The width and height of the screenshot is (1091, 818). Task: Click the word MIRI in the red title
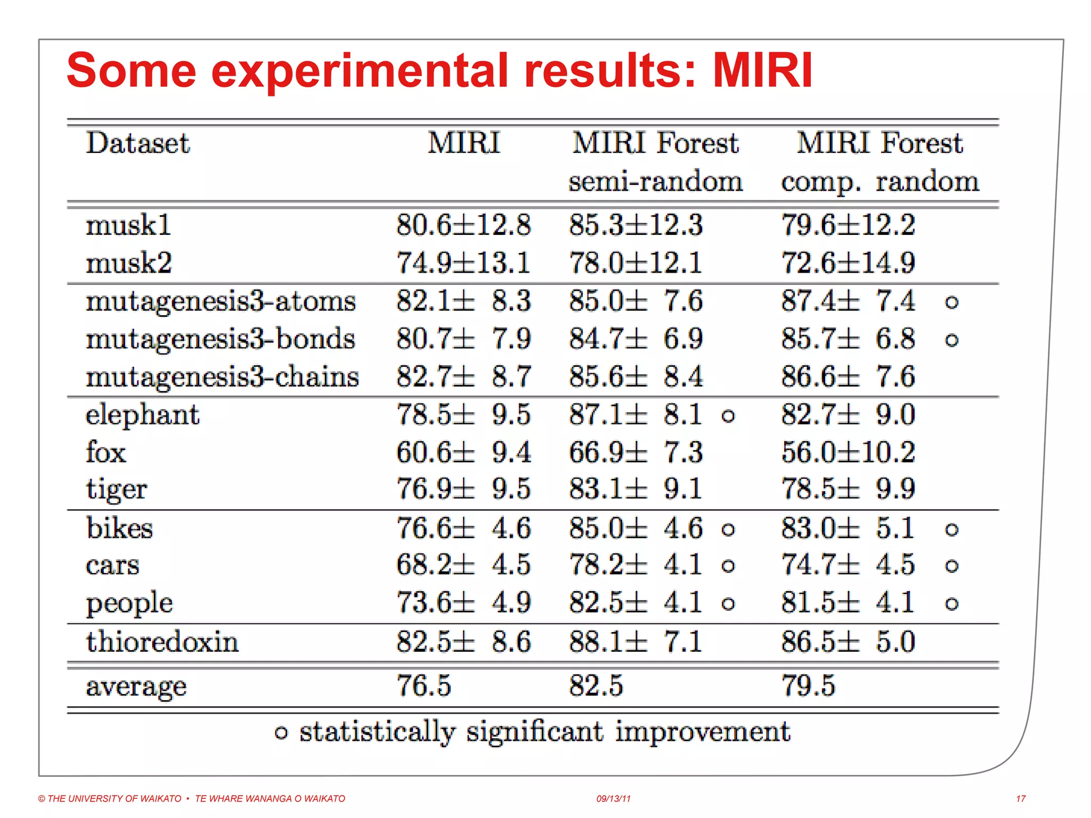click(x=762, y=71)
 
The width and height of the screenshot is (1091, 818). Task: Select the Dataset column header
click(x=138, y=143)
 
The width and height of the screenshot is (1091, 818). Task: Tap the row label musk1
click(x=128, y=225)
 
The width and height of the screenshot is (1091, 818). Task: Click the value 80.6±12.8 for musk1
click(x=463, y=225)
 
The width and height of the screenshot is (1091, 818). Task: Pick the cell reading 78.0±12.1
click(x=636, y=263)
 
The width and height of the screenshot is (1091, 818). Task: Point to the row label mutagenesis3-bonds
click(x=221, y=339)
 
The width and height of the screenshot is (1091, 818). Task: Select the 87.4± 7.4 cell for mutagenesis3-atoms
click(x=848, y=301)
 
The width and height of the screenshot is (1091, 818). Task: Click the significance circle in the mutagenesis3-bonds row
click(x=951, y=340)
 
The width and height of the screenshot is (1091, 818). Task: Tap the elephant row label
click(x=142, y=414)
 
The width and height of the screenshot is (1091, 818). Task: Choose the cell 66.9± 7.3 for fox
click(x=636, y=452)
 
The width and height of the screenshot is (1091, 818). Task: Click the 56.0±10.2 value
click(x=848, y=452)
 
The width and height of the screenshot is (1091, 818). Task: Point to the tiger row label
click(x=116, y=489)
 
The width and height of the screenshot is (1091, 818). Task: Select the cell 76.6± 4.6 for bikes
click(x=463, y=528)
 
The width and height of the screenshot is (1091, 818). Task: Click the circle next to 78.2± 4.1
click(x=728, y=566)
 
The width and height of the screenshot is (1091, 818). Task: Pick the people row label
click(x=129, y=603)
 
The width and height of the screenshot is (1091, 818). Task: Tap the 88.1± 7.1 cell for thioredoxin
click(x=636, y=641)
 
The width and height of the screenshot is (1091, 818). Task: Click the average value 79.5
click(x=808, y=685)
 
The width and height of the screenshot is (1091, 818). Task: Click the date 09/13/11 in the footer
click(x=613, y=798)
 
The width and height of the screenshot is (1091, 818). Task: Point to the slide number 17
click(x=1021, y=798)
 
